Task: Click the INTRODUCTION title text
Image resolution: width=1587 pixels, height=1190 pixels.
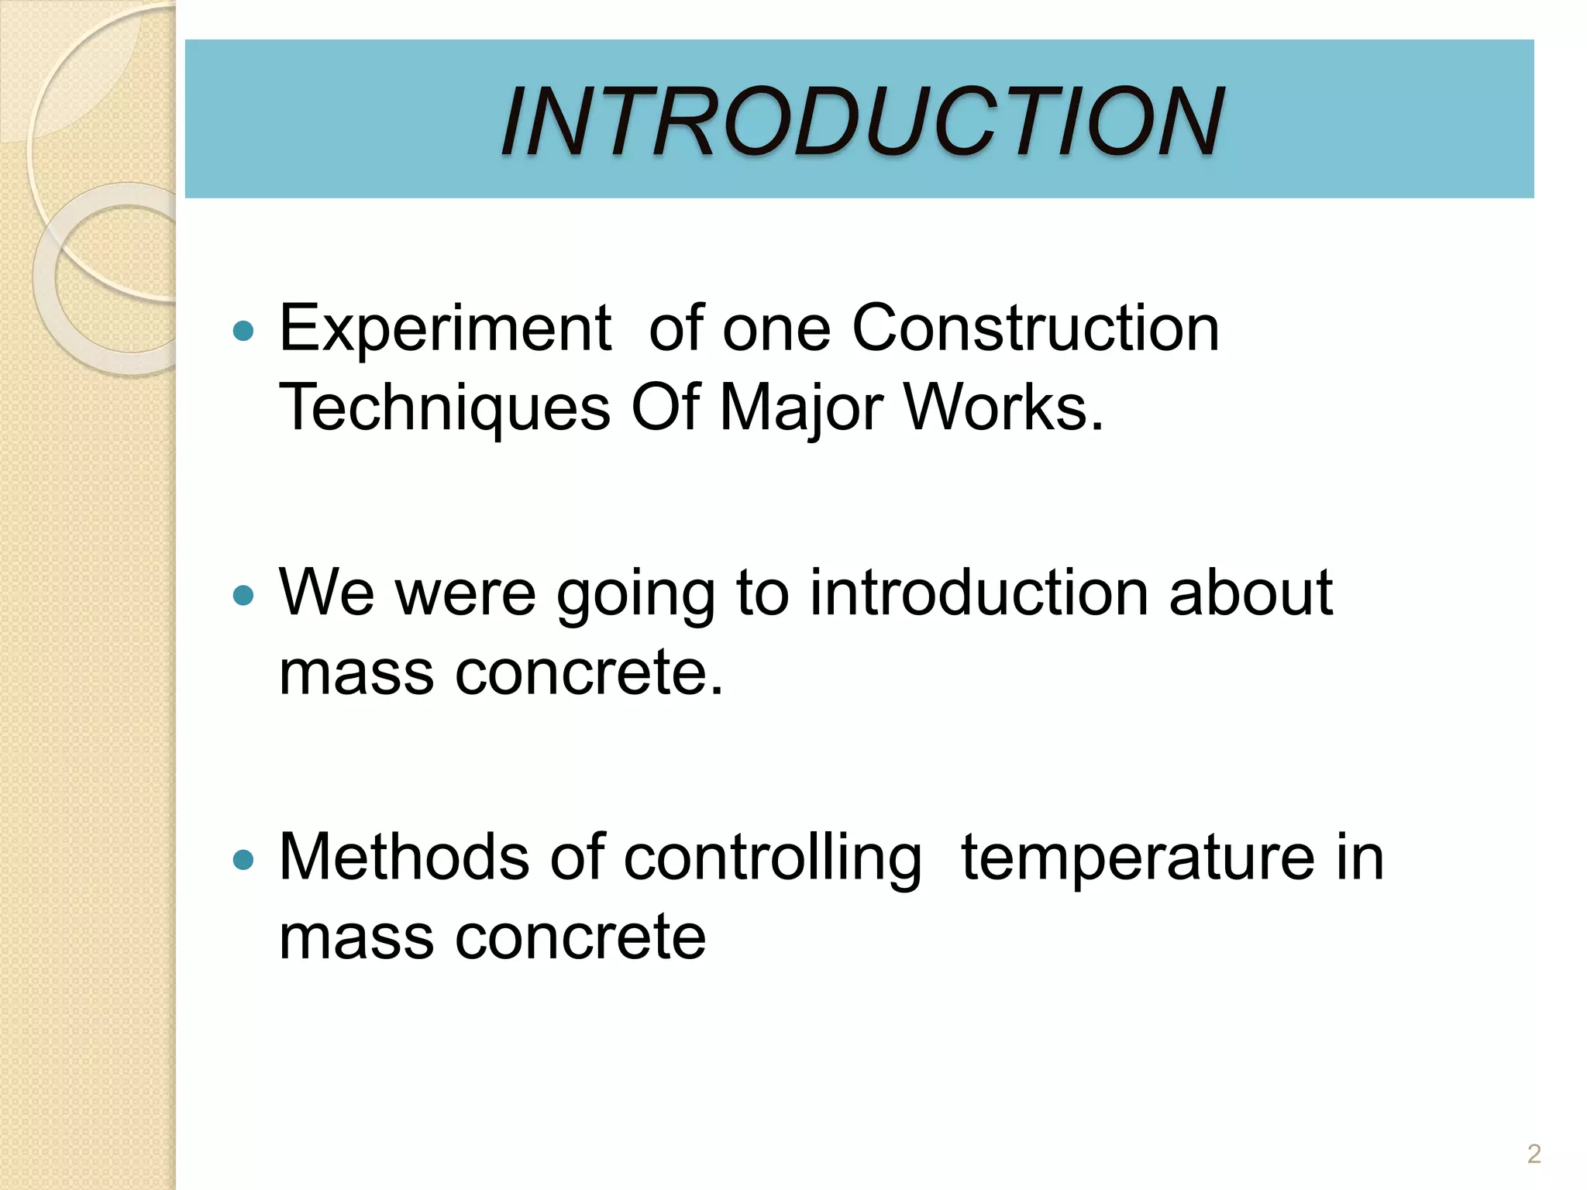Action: [x=862, y=122]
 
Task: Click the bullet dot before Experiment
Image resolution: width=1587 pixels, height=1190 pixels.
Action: [x=243, y=332]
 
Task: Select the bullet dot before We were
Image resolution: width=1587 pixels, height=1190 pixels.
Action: [x=243, y=596]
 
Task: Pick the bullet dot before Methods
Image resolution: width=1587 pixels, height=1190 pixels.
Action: [x=243, y=860]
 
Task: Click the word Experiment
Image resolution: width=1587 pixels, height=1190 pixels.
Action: [x=446, y=330]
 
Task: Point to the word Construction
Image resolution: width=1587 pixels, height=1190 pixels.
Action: [x=1035, y=328]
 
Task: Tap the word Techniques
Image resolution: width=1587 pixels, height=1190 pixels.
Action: [x=444, y=409]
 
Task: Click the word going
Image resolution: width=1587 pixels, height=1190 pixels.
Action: [x=635, y=595]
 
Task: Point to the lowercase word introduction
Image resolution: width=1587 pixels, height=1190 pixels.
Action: [x=978, y=593]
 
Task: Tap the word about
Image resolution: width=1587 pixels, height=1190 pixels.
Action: [x=1250, y=593]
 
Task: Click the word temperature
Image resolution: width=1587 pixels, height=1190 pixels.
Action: [x=1137, y=858]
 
